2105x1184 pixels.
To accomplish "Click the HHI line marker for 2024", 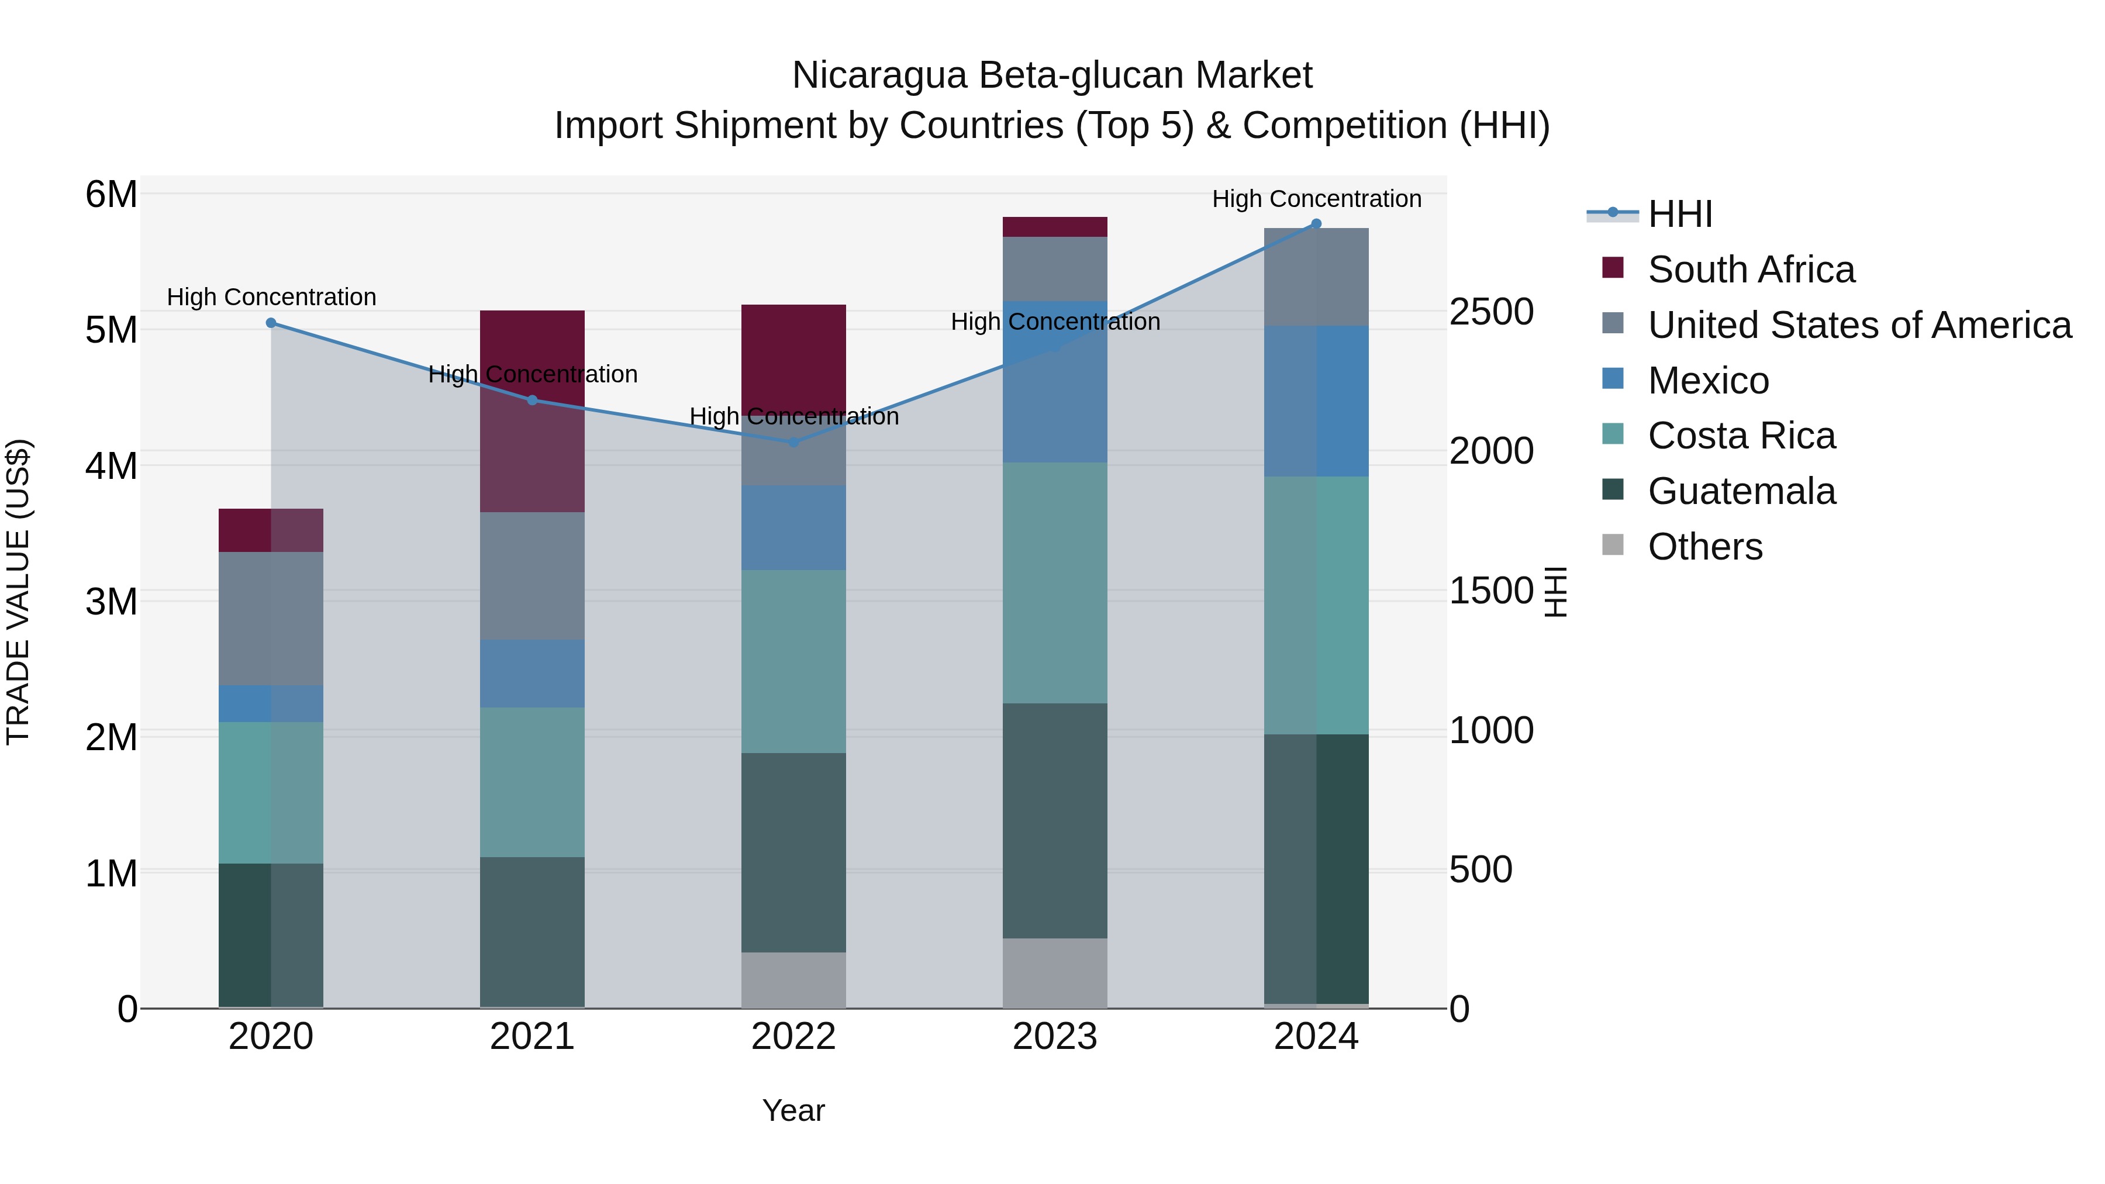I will (1316, 224).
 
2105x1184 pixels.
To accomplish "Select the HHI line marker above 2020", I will (271, 323).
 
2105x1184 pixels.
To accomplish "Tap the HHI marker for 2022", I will (793, 442).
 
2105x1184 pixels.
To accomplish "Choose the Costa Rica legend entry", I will (1741, 436).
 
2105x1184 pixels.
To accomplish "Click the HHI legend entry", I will (1679, 214).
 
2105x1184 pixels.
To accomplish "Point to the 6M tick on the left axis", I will (111, 195).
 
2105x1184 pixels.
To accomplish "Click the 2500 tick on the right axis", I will (1491, 312).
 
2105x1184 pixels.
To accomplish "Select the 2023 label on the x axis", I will (1054, 1037).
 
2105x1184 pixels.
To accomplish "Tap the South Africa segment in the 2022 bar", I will (793, 351).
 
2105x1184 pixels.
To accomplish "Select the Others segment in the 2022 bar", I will (793, 980).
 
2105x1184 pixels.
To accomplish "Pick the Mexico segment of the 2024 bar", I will (1316, 401).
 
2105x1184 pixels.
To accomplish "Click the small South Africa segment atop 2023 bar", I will (1054, 226).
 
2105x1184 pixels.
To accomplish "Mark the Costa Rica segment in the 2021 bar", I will (532, 782).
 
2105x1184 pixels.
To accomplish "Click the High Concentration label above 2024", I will (1316, 199).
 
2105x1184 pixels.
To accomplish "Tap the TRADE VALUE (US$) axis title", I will (18, 592).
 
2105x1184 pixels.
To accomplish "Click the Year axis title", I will (793, 1110).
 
